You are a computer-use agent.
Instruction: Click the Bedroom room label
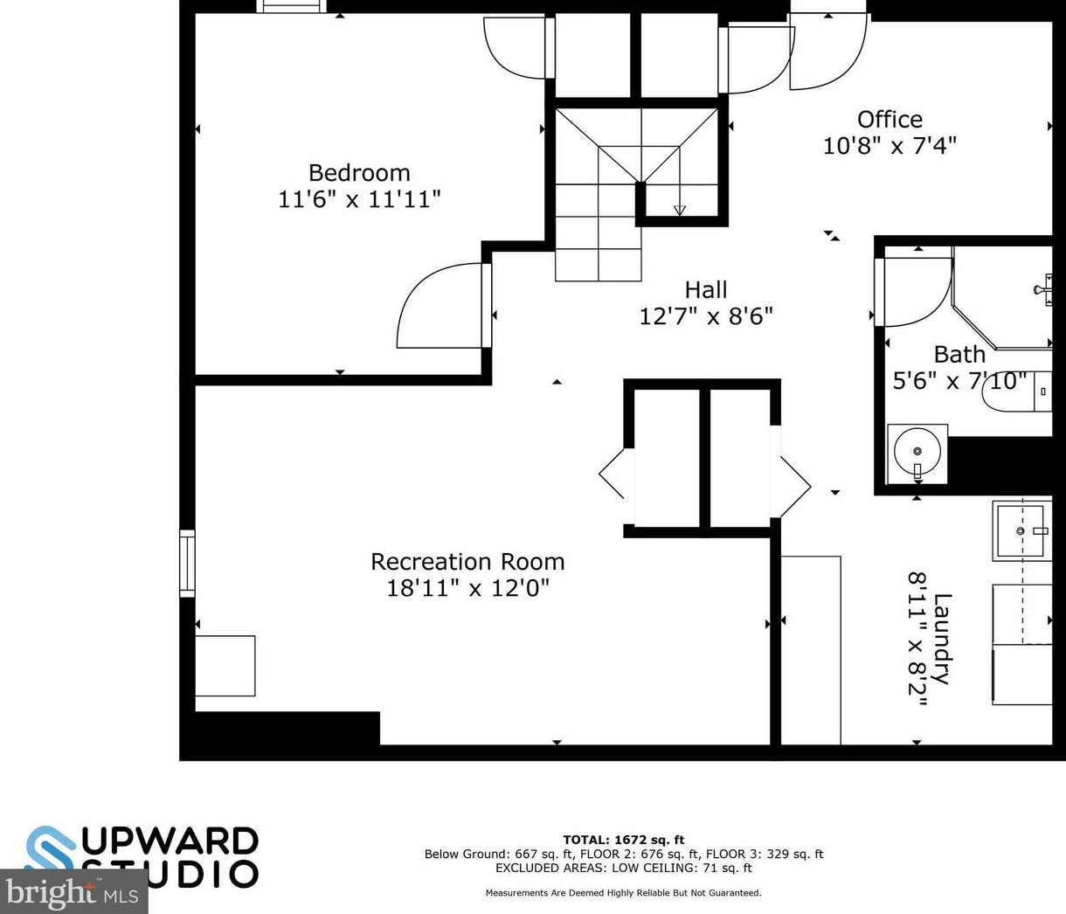pos(359,173)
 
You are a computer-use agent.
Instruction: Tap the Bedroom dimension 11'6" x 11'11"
pos(359,200)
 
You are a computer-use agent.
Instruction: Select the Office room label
pos(889,120)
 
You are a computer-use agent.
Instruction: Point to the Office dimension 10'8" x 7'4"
pos(889,146)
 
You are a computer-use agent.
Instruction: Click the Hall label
pos(706,289)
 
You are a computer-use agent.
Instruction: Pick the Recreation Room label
pos(467,562)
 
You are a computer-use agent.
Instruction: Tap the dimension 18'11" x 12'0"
pos(467,588)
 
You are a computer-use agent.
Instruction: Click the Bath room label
pos(959,355)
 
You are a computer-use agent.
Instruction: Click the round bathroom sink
pos(917,453)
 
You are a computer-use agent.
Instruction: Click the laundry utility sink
pos(1020,530)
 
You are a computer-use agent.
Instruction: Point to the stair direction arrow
pos(680,210)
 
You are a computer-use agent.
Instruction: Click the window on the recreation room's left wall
pos(187,564)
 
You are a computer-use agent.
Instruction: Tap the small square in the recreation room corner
pos(225,666)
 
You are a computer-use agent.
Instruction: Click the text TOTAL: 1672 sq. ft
pos(623,840)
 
